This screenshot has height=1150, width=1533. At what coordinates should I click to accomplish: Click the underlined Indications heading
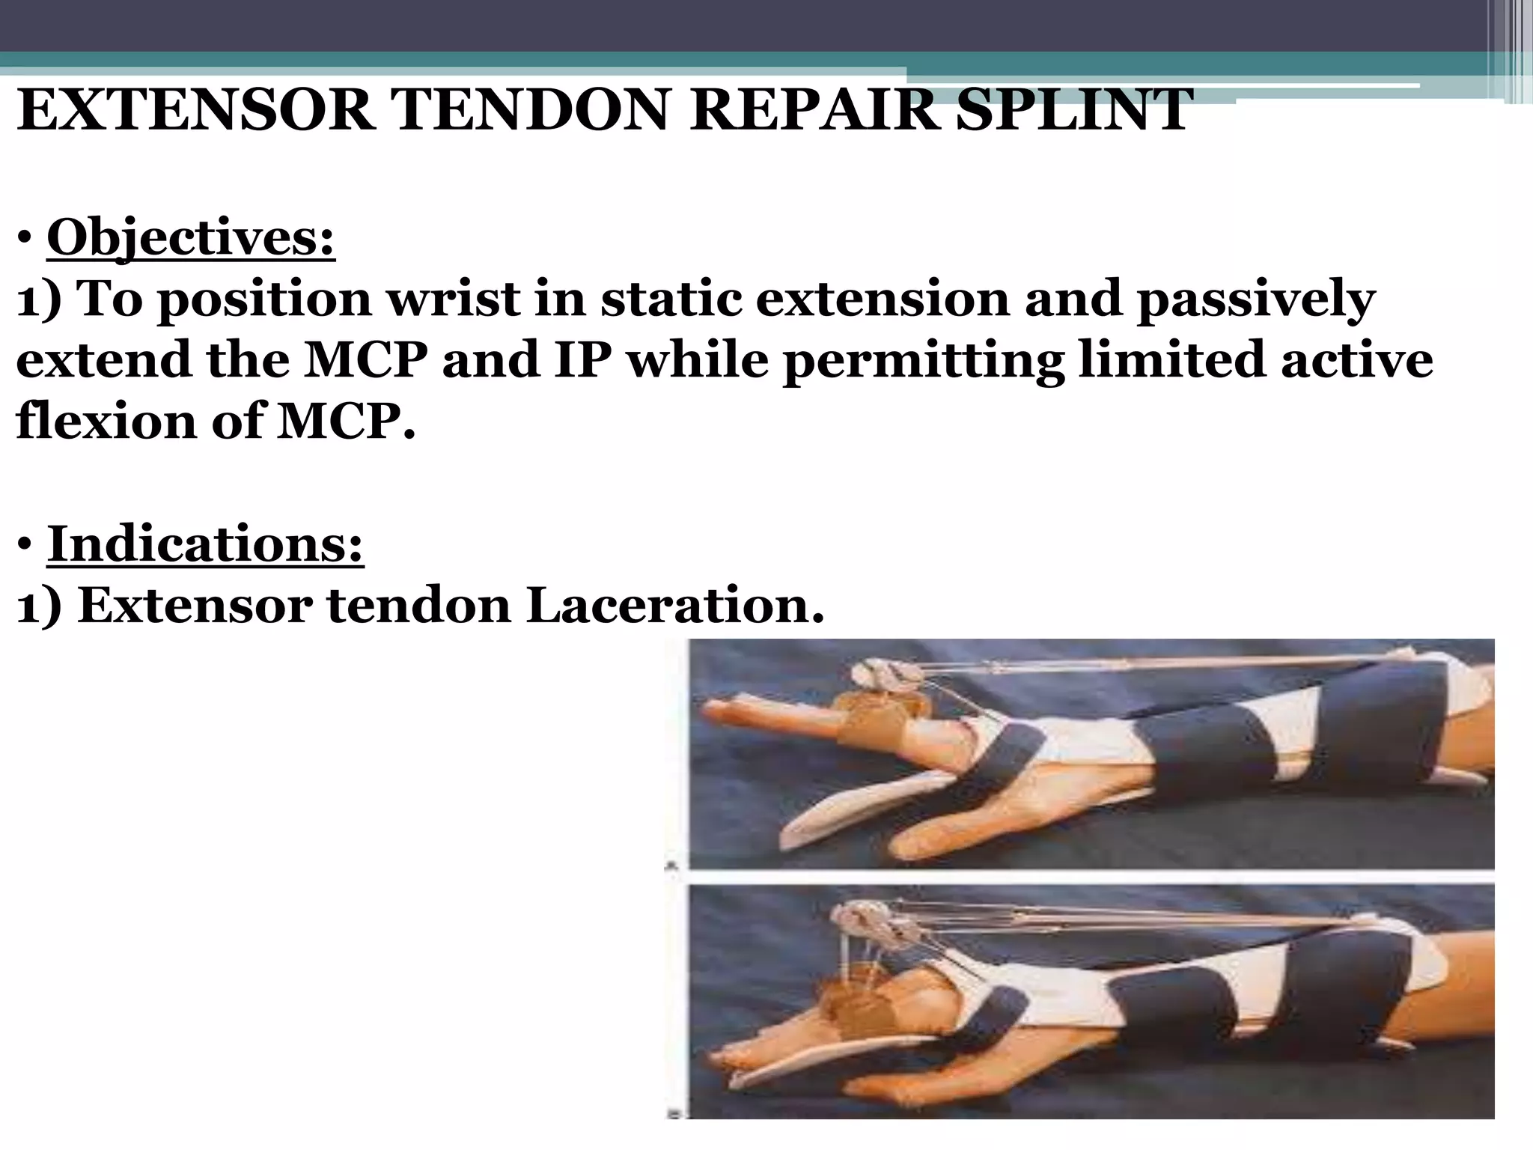pos(205,545)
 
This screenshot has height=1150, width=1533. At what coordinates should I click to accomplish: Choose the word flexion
pos(105,422)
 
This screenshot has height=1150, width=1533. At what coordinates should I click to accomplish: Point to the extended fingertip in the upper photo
pos(719,708)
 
